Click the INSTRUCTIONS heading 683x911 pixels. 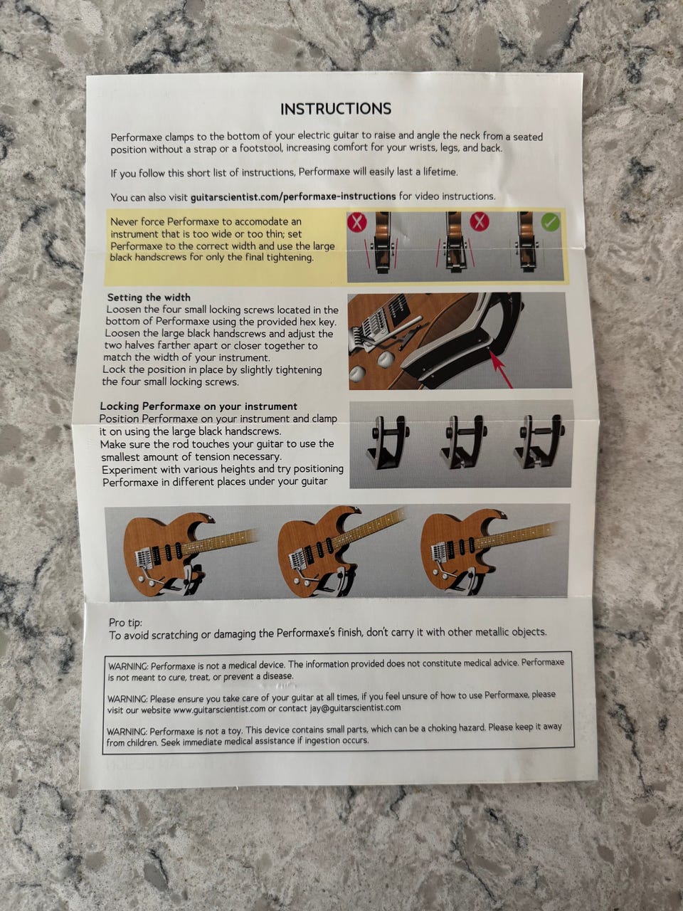point(336,109)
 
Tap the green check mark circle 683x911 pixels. point(550,222)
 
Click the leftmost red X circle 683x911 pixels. point(356,222)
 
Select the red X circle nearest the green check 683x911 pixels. point(479,221)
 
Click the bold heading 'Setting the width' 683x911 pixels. point(149,297)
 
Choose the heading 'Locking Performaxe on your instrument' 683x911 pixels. point(198,406)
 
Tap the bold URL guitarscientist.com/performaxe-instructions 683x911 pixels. point(293,196)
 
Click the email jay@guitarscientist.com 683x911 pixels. point(356,707)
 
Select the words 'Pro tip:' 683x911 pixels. point(125,623)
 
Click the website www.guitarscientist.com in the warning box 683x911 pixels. point(219,709)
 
